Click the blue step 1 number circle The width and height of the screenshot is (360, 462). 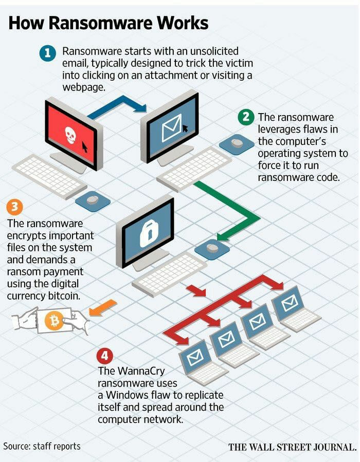click(x=47, y=53)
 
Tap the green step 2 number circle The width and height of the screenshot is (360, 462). click(x=246, y=117)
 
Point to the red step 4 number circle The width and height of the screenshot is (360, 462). click(x=105, y=356)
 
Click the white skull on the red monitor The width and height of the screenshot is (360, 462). click(x=70, y=135)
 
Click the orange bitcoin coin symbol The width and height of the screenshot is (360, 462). click(x=54, y=321)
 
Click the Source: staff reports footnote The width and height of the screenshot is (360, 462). click(x=42, y=446)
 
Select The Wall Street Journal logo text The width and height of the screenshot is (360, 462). click(x=292, y=447)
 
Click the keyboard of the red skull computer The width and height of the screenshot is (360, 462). click(x=49, y=176)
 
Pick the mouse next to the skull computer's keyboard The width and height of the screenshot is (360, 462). click(x=93, y=200)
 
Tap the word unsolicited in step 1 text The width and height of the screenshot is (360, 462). click(x=214, y=51)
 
